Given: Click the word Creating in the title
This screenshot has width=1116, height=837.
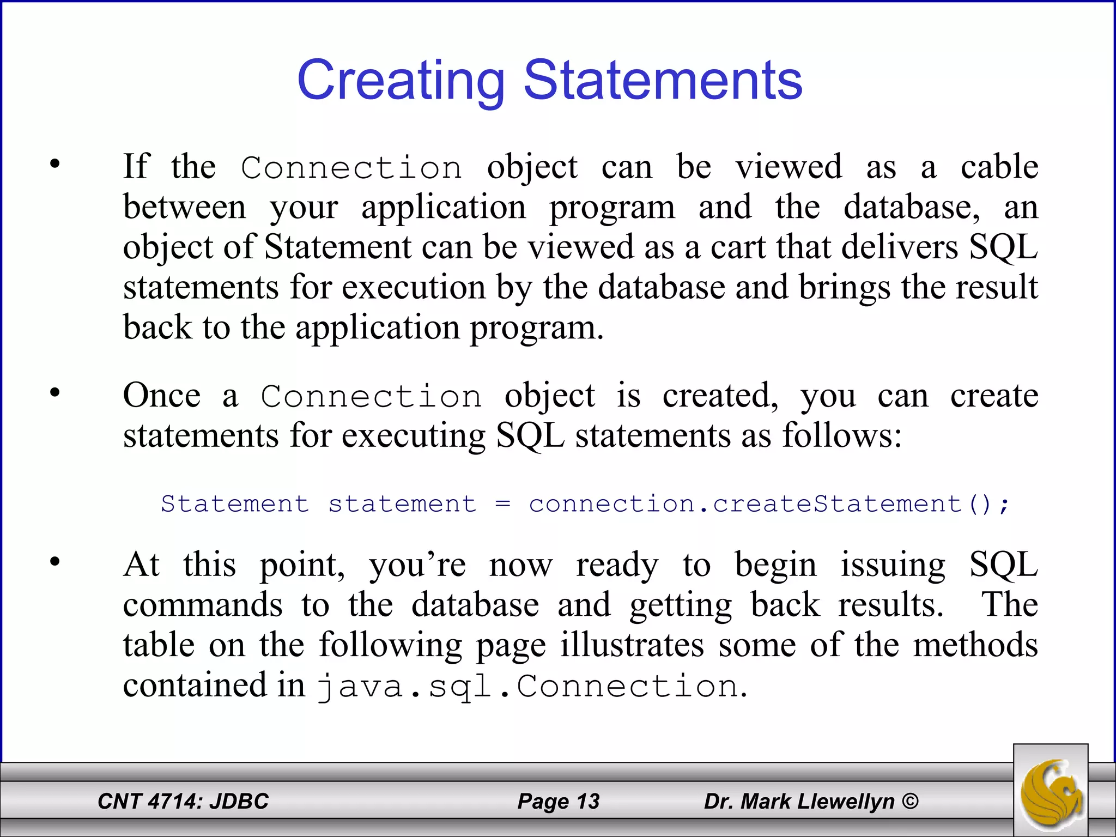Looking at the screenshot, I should tap(401, 81).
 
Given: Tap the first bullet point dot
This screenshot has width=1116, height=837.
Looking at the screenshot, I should tap(54, 164).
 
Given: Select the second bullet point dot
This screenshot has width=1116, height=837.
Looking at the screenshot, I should tap(54, 393).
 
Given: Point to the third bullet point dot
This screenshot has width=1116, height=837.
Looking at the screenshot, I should tap(54, 562).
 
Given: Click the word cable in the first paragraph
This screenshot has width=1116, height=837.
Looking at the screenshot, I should tap(999, 167).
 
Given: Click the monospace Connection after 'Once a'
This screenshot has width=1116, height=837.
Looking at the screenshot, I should tap(371, 397).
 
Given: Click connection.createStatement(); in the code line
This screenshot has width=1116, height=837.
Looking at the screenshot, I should tap(769, 504).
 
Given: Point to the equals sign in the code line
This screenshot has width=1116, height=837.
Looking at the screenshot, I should tap(502, 504).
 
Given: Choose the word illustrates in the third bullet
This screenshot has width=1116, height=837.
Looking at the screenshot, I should tap(632, 645).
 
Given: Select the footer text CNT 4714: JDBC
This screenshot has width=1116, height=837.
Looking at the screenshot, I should tap(183, 801).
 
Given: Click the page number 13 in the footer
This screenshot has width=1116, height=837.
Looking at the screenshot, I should tap(587, 801).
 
